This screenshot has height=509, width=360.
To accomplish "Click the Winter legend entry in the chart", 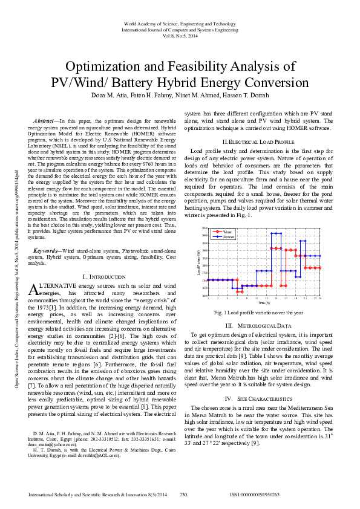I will coord(227,232).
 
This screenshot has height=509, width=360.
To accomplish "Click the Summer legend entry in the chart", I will coord(227,237).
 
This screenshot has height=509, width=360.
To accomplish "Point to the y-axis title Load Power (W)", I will coord(199,262).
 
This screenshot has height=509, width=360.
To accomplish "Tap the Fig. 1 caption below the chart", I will coord(258,313).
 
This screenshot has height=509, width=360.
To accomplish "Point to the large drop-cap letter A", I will coord(34,290).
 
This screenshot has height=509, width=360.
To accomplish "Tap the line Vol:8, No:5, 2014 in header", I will coord(180,35).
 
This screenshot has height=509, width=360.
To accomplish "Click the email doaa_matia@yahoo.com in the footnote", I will coord(54,445).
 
